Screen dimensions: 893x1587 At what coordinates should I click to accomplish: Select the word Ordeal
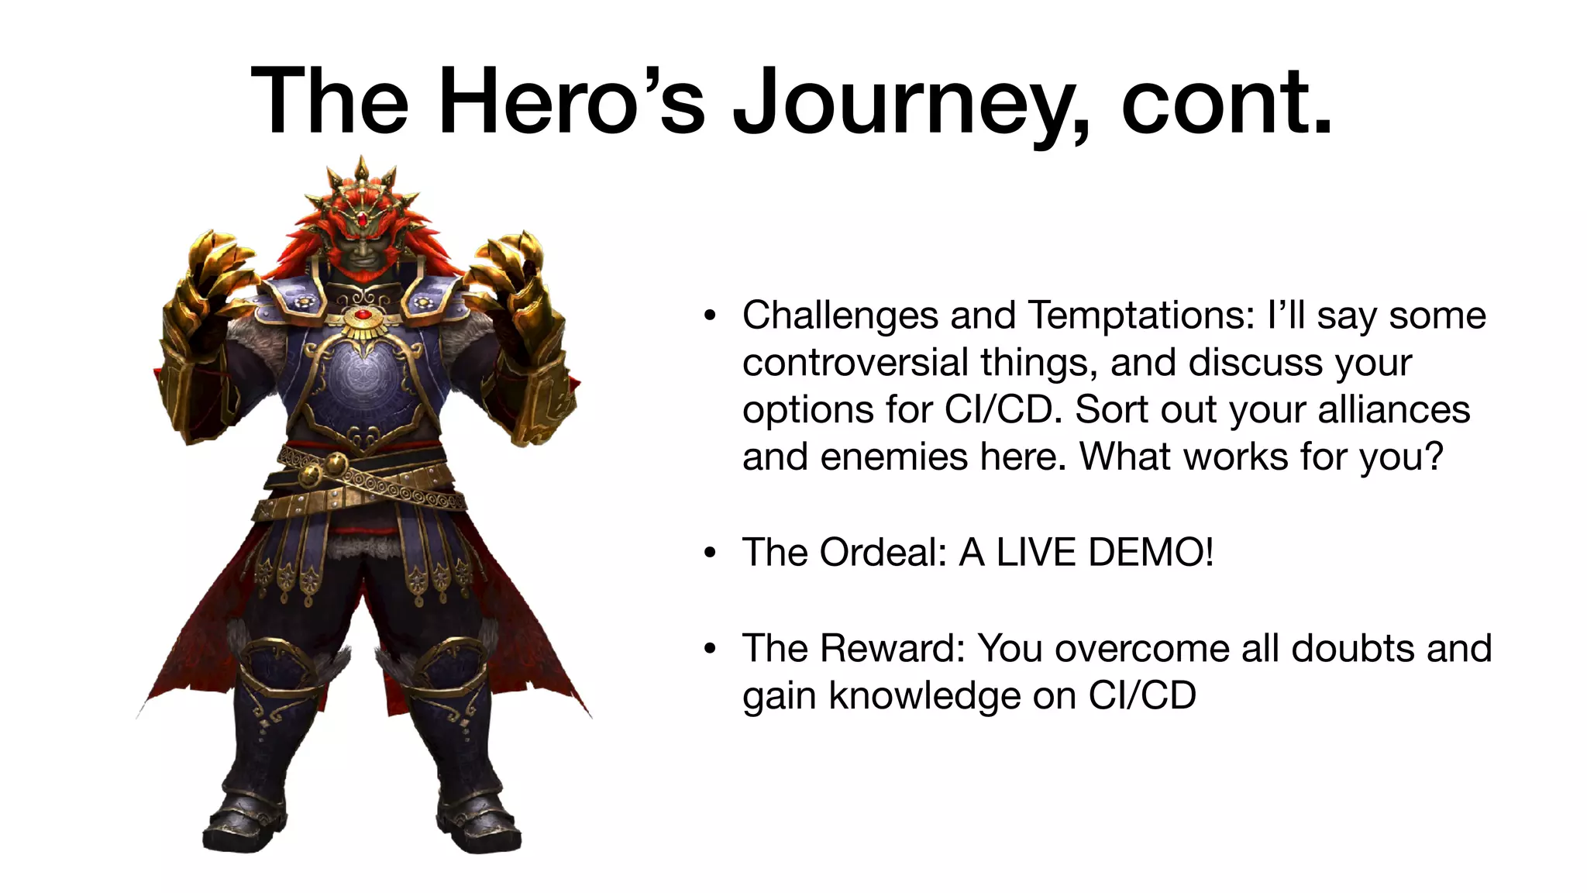point(883,553)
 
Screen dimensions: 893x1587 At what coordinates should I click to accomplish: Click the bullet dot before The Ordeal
point(710,553)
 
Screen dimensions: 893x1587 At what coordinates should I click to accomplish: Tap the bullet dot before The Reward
point(710,649)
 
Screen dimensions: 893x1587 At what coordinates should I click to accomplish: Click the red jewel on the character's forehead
point(362,219)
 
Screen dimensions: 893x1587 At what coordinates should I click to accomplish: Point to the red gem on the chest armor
point(362,315)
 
